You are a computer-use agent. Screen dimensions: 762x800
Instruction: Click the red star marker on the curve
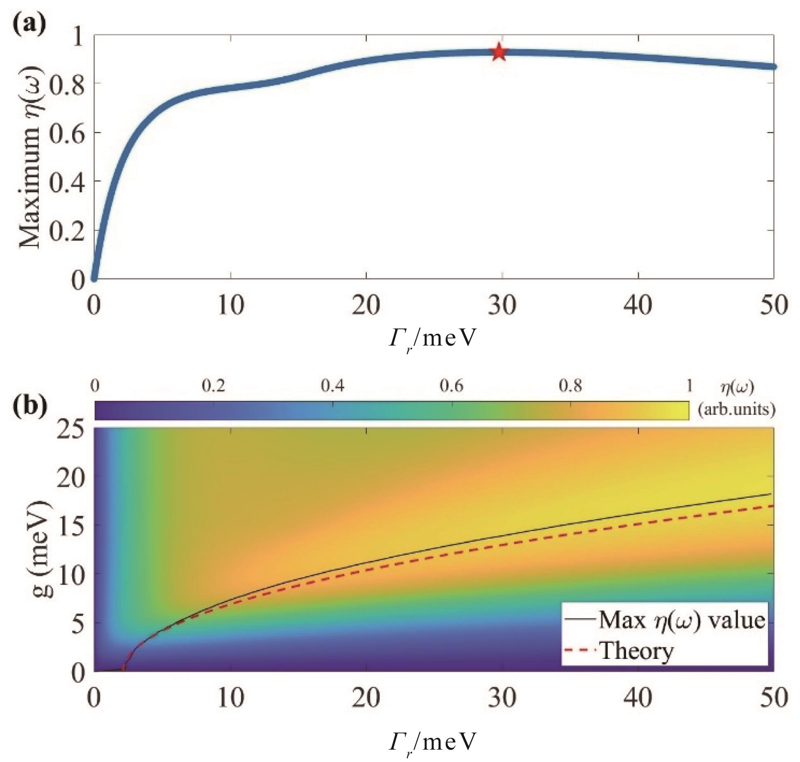coord(499,52)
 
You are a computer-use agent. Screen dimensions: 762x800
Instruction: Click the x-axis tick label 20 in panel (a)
coord(366,306)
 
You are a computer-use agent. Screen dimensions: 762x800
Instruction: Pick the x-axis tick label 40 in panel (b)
coord(638,698)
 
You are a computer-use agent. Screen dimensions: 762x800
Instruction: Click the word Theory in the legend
coord(637,652)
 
